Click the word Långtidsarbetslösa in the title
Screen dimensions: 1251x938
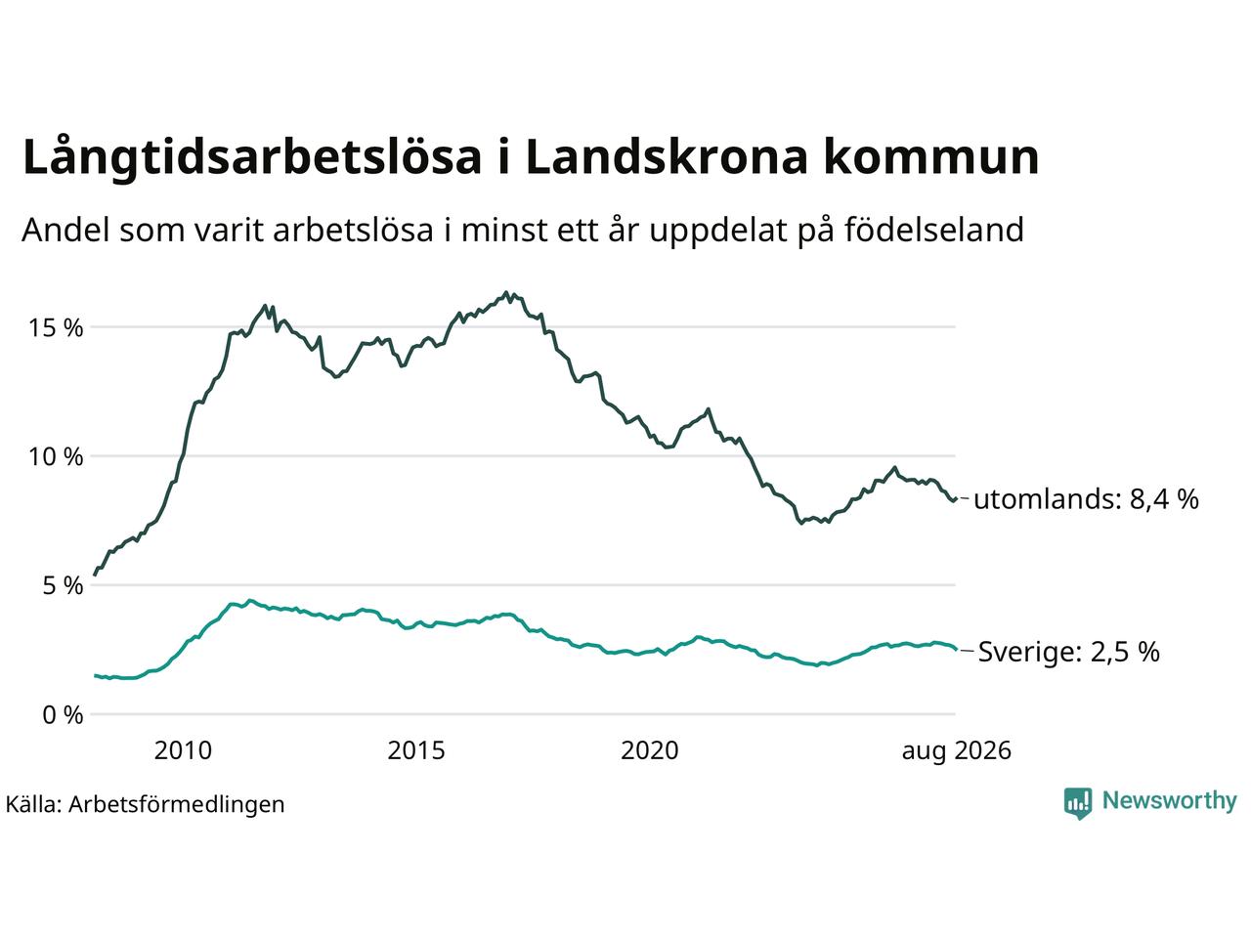252,157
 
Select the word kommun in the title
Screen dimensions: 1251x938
931,156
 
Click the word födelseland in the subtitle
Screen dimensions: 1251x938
934,230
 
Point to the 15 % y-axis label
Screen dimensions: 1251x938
56,328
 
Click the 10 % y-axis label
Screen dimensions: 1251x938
56,456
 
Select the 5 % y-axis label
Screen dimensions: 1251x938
63,585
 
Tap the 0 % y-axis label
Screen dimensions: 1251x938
63,715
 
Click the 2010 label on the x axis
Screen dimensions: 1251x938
183,750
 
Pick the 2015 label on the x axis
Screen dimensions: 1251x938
416,750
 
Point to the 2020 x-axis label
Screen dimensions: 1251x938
650,750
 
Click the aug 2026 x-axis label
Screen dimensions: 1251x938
957,751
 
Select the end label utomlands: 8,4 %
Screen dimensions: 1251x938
1086,499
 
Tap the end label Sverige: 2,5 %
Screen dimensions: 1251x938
1069,652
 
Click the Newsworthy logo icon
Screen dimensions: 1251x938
1078,803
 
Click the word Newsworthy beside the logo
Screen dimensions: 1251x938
1170,801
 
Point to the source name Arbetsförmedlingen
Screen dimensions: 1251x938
176,805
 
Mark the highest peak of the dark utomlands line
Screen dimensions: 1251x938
505,293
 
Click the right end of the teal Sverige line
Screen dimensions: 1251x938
956,649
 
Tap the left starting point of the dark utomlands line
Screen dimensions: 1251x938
95,576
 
